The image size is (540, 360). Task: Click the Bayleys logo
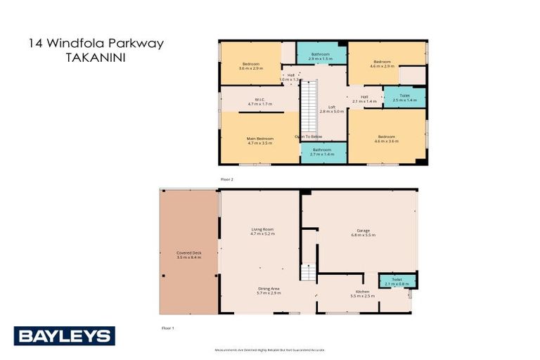(x=64, y=336)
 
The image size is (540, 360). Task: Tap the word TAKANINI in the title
(x=96, y=60)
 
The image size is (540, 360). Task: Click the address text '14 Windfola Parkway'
(x=96, y=44)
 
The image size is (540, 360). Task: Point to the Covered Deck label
(x=188, y=255)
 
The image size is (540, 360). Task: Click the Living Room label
(x=262, y=231)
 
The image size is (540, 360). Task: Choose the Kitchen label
(x=362, y=293)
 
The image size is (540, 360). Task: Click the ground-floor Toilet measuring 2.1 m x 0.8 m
(x=397, y=281)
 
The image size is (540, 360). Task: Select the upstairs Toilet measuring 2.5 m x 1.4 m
(x=404, y=98)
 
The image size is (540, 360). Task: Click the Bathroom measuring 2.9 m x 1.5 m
(x=321, y=56)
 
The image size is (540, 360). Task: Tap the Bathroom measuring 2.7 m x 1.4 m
(x=323, y=151)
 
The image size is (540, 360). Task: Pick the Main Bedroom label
(x=259, y=140)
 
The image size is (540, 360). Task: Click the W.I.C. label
(x=259, y=101)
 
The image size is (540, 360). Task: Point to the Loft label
(x=332, y=109)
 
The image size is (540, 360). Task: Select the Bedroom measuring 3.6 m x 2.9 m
(x=250, y=66)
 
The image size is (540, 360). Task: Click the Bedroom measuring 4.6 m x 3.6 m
(x=386, y=139)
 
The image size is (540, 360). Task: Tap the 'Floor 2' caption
(x=226, y=179)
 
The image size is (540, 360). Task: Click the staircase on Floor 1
(x=307, y=274)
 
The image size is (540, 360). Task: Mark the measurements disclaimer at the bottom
(x=269, y=349)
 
